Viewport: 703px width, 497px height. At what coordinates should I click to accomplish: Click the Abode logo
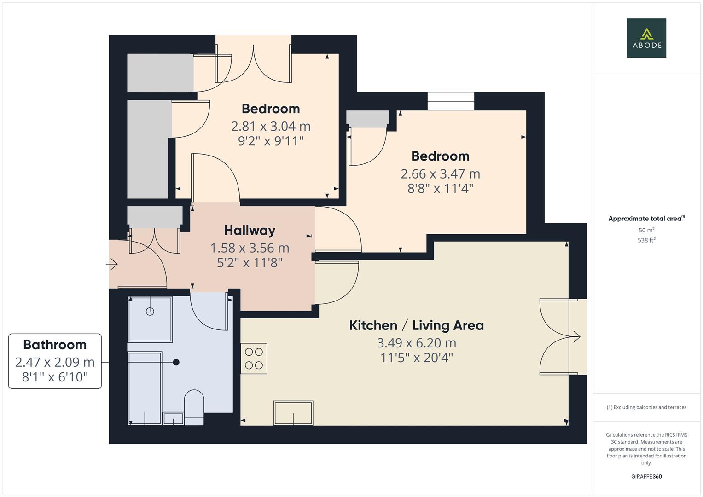tap(646, 38)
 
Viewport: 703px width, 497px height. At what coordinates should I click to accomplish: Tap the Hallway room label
tap(250, 230)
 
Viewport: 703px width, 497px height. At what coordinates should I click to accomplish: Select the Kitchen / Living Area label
tap(416, 325)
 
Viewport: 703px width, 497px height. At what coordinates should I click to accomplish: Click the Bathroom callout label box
tap(55, 361)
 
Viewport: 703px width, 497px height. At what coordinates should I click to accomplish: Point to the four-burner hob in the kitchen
tap(254, 358)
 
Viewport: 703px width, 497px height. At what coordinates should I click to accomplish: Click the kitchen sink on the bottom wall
tap(293, 413)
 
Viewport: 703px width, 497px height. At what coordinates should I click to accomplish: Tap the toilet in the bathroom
tap(194, 406)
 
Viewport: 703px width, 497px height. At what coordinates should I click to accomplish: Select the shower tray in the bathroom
tap(150, 319)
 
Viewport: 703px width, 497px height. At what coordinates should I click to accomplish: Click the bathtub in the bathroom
tap(145, 388)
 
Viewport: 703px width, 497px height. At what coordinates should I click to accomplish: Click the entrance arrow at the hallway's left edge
tap(112, 264)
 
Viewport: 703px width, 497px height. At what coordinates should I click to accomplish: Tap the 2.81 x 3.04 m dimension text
tap(271, 126)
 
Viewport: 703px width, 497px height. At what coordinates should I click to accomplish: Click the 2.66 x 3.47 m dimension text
tap(440, 174)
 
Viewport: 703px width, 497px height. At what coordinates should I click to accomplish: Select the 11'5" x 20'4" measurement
tap(416, 358)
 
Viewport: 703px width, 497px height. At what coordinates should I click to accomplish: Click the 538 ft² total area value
tap(646, 240)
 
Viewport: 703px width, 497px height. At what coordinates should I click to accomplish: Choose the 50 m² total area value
tap(646, 230)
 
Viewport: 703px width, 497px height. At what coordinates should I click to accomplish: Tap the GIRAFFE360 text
tap(646, 477)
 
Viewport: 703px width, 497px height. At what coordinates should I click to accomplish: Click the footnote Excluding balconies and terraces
tap(646, 407)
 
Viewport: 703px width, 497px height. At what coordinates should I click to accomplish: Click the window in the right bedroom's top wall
tap(451, 101)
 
